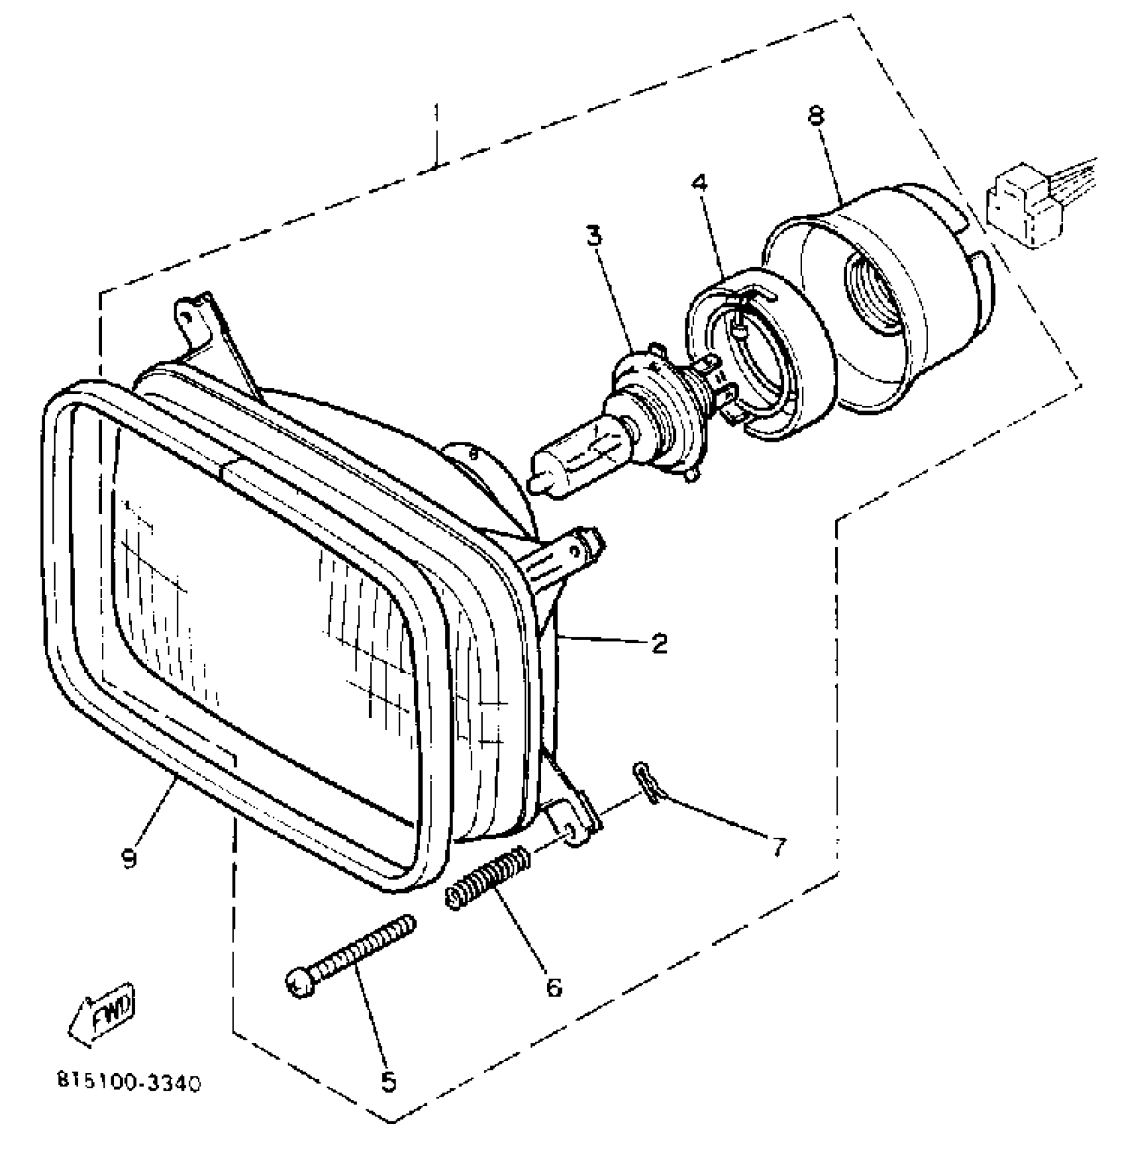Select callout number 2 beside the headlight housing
(659, 644)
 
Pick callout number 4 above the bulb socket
(699, 182)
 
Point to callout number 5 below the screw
(389, 1082)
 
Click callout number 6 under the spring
(554, 987)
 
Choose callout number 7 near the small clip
(777, 848)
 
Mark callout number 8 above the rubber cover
(815, 116)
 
